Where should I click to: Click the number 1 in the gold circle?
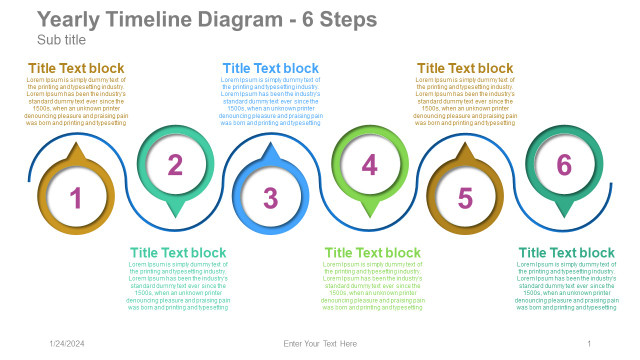pos(76,198)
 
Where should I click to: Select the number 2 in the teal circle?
pos(175,165)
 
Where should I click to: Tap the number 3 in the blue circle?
pos(271,198)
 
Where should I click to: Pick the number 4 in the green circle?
pos(369,165)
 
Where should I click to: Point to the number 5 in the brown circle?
pos(465,198)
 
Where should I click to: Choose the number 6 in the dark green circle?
pos(564,165)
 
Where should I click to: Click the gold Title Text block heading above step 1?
pos(76,68)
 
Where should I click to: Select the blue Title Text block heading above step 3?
pos(271,68)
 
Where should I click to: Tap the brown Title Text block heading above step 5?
pos(465,68)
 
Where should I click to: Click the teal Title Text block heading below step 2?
pos(179,252)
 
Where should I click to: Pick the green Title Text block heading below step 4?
pos(373,252)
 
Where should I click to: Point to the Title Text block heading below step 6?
pos(567,252)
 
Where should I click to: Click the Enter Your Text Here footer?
pos(320,344)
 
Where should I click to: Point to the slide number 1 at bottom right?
pos(589,344)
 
